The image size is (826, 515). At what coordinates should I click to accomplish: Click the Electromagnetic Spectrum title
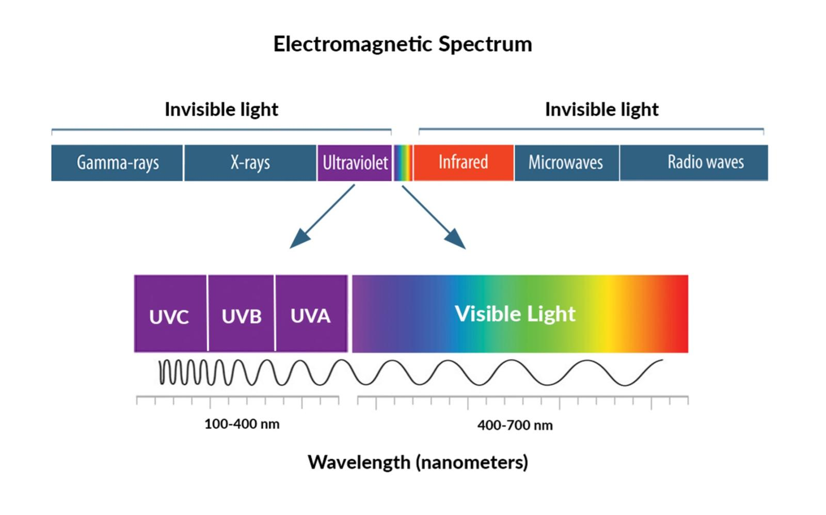402,44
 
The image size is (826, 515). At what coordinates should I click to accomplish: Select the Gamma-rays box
117,163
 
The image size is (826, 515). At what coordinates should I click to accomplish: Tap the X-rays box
250,163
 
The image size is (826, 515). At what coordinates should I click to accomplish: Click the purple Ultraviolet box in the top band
355,163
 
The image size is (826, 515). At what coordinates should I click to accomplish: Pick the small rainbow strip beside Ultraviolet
403,163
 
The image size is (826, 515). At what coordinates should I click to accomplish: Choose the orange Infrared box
463,163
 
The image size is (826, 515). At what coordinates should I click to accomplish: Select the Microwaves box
566,163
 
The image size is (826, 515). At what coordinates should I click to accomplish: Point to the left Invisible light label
221,110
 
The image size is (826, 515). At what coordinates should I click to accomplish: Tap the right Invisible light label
602,110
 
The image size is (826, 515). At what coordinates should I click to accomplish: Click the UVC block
169,314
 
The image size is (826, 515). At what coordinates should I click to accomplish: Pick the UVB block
241,314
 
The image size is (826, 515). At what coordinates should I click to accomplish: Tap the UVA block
310,314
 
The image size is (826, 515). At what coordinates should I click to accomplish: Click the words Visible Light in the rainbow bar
515,314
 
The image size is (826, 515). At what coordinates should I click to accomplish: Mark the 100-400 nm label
242,424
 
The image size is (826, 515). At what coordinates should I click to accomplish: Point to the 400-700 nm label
515,426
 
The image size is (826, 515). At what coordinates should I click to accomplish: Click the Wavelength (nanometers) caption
418,462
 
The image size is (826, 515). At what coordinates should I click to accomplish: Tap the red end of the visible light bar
678,314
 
